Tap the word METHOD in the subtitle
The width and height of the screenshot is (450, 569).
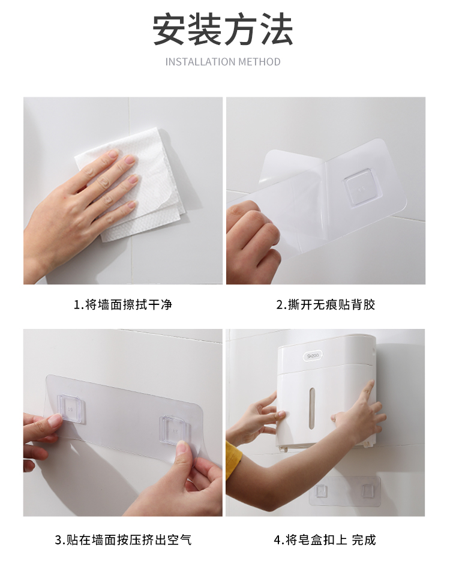(254, 62)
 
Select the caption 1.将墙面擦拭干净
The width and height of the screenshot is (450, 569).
(123, 304)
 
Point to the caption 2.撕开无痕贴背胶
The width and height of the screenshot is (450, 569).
(326, 304)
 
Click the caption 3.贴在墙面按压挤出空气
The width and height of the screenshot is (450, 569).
(123, 540)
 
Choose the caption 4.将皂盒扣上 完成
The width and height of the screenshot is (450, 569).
(325, 540)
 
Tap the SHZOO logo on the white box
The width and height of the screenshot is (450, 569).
(312, 356)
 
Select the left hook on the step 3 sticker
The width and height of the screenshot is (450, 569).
(72, 409)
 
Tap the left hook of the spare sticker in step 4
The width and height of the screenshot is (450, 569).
(320, 491)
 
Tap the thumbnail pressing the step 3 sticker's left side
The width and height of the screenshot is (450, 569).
(55, 421)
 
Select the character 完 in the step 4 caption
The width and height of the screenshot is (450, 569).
(358, 540)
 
